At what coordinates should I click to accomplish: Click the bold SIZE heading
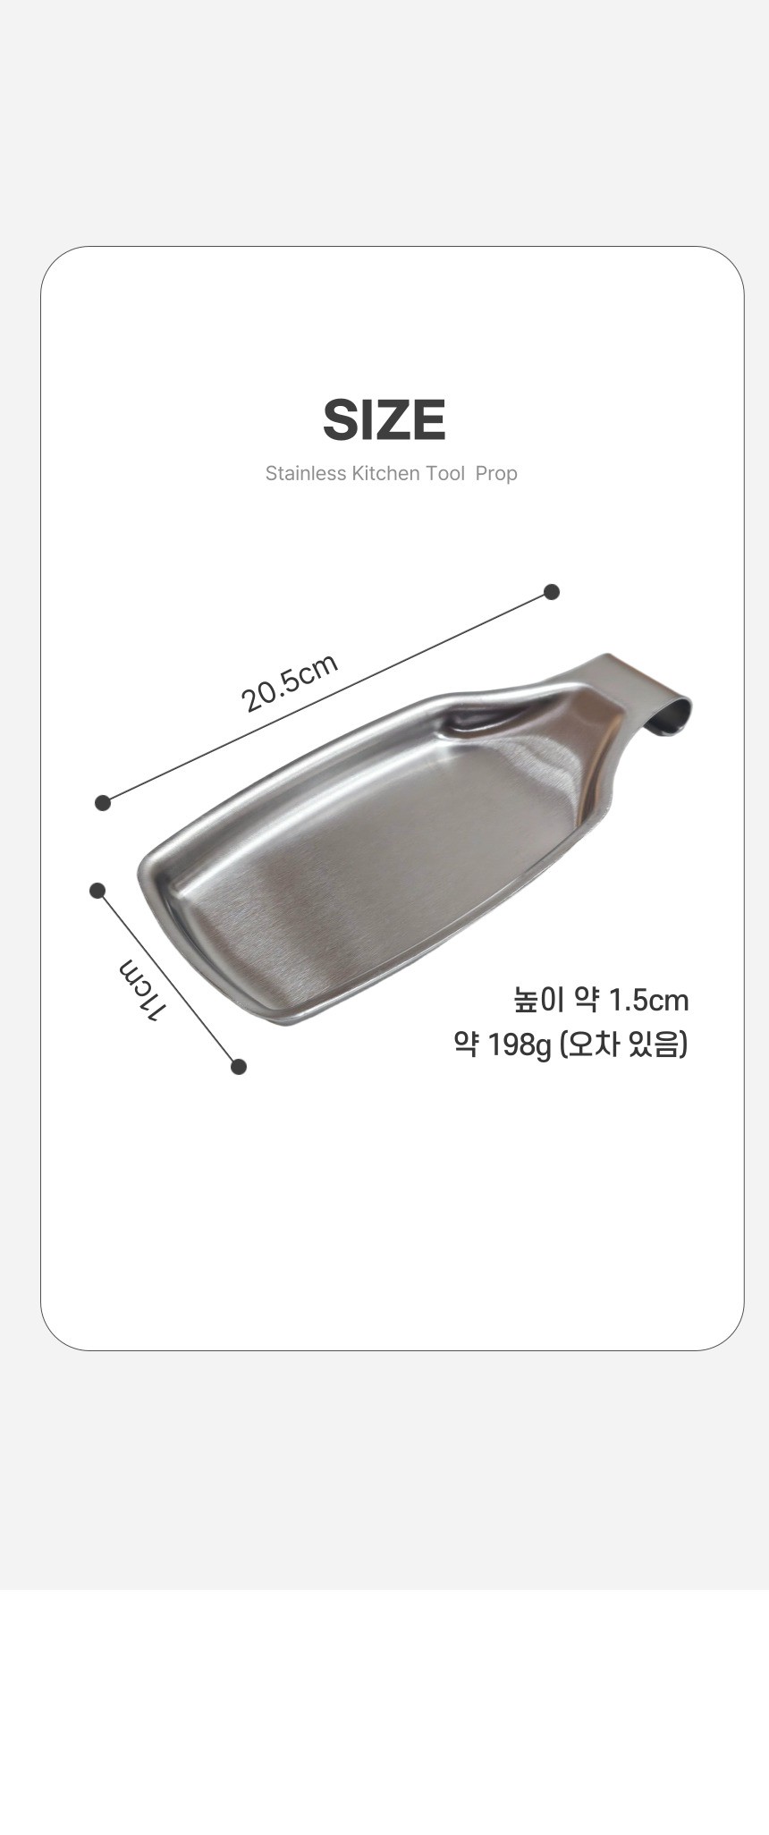[x=384, y=420]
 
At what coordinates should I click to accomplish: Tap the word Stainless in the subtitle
[x=305, y=473]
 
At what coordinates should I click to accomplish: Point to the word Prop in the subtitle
[x=496, y=474]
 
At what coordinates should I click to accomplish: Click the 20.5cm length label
[x=290, y=682]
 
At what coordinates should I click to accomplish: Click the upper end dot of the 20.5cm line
[x=552, y=591]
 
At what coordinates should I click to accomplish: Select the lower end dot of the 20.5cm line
[x=103, y=802]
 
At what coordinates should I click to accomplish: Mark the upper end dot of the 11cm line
[x=97, y=890]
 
